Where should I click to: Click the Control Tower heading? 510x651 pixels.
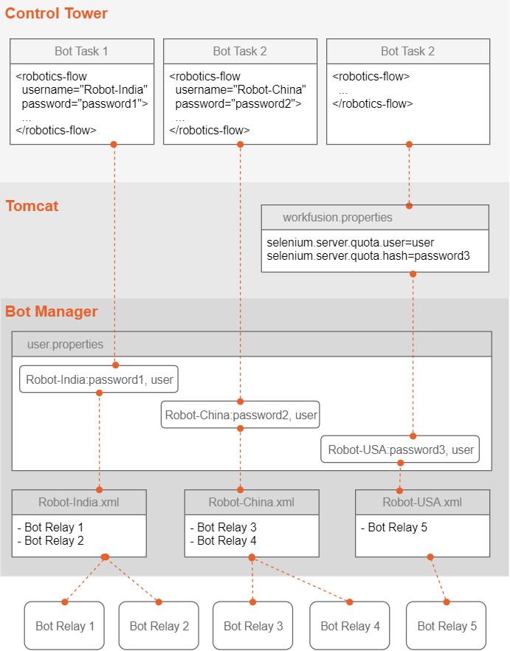pos(56,13)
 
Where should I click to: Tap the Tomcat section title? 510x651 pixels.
pos(32,206)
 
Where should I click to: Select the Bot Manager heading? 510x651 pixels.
pos(52,311)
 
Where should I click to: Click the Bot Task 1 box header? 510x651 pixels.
pos(82,51)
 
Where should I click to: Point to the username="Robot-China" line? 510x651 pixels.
pos(241,90)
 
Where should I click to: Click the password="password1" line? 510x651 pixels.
pos(85,103)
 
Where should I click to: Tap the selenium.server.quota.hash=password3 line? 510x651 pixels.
pos(368,255)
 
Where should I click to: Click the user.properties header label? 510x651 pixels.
pos(65,344)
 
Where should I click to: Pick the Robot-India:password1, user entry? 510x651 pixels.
pos(99,379)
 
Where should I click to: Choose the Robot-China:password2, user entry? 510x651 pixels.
pos(241,414)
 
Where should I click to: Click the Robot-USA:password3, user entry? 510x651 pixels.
pos(400,449)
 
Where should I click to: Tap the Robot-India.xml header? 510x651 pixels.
pos(79,503)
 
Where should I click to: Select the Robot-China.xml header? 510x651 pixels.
pos(252,503)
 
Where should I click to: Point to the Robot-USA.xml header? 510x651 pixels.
pos(422,503)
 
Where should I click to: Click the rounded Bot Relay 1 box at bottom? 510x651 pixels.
pos(64,626)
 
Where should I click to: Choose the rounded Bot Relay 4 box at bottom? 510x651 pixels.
pos(350,626)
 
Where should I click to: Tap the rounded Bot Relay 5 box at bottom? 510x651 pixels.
pos(446,626)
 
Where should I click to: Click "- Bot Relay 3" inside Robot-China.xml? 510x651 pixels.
pos(224,527)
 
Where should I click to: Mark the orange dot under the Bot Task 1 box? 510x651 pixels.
pos(114,145)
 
